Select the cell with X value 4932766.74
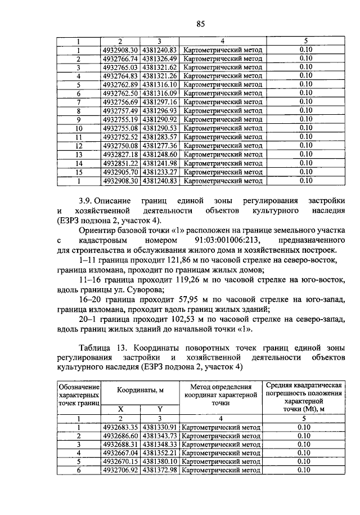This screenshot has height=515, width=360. [x=120, y=59]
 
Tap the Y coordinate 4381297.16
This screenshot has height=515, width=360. [x=160, y=102]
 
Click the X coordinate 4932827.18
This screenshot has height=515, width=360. [x=120, y=154]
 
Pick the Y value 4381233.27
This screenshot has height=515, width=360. [x=160, y=172]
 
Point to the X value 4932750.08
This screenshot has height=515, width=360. [x=120, y=145]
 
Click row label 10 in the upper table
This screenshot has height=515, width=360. [x=79, y=128]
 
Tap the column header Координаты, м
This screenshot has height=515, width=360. [x=139, y=390]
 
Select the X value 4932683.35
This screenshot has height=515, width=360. [x=120, y=427]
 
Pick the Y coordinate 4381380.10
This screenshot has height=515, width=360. [x=160, y=462]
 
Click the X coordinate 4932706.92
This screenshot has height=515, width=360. [x=120, y=470]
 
